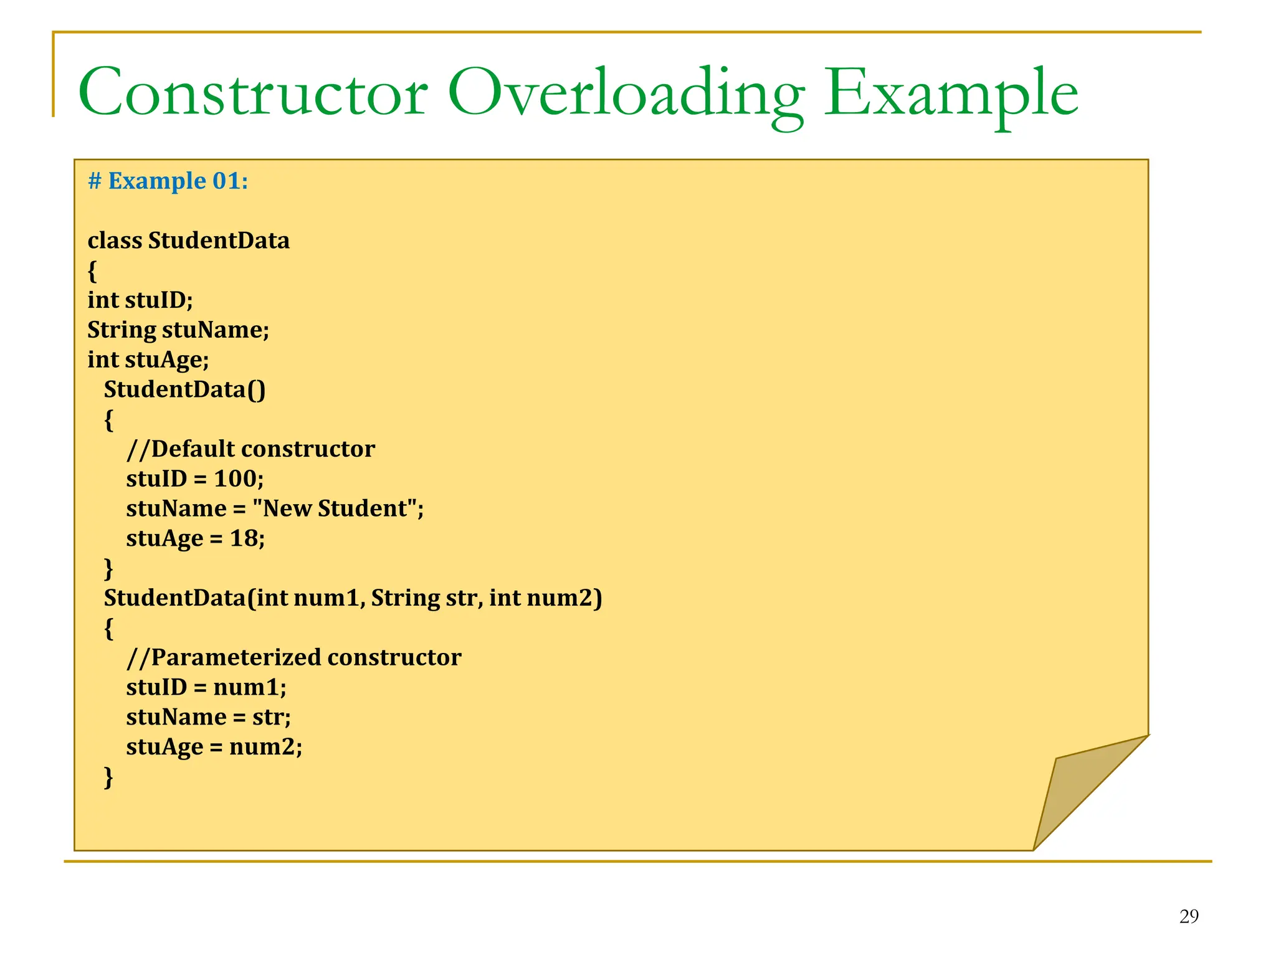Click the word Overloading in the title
click(x=626, y=93)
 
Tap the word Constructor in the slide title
click(x=252, y=93)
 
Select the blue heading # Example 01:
click(x=168, y=181)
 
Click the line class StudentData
click(x=188, y=240)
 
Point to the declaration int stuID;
click(x=140, y=300)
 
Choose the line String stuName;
click(x=178, y=330)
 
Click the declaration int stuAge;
click(x=148, y=359)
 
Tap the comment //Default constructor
click(x=250, y=449)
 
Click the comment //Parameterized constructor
click(x=293, y=657)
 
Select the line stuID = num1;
click(x=206, y=687)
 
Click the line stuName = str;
click(x=208, y=717)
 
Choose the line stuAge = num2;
click(x=214, y=746)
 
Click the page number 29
click(x=1188, y=917)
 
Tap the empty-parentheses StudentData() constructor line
click(x=184, y=389)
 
